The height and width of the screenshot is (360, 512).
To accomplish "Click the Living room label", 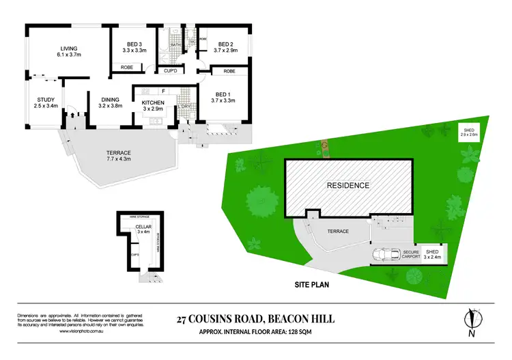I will [68, 48].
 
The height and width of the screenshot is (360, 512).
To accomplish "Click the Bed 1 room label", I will [225, 94].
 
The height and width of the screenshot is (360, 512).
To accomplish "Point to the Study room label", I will [46, 100].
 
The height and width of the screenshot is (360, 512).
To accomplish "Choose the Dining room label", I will [110, 100].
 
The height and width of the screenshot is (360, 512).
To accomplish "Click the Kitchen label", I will [154, 102].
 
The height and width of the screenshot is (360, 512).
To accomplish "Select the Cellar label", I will [143, 227].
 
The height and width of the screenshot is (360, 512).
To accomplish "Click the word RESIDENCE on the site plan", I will [348, 185].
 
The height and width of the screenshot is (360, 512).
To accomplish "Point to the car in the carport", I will [386, 255].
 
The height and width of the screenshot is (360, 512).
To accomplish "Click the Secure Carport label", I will [410, 253].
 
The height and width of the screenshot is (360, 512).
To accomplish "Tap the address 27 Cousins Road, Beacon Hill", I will [255, 318].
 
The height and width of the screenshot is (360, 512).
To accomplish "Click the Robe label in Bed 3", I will [127, 68].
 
